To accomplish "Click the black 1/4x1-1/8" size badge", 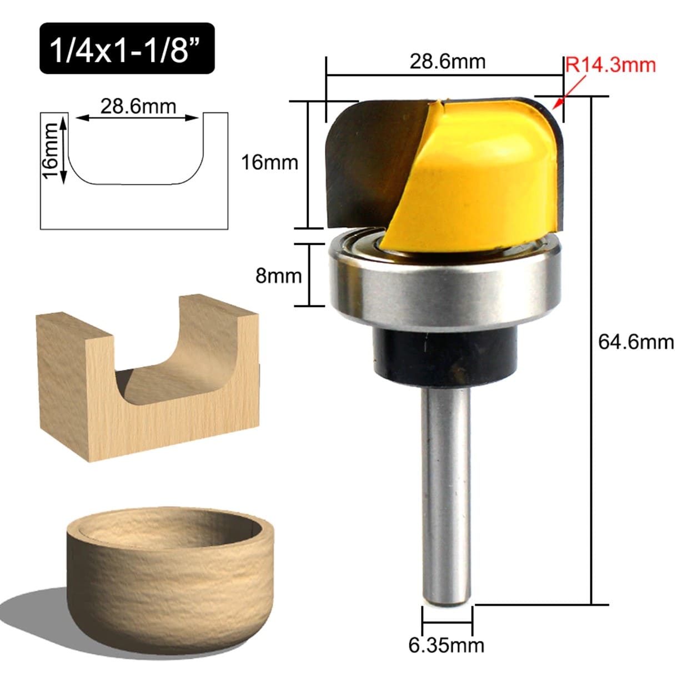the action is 127,48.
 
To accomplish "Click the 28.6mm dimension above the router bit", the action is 447,62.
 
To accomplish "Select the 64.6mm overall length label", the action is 636,342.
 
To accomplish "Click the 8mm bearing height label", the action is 279,275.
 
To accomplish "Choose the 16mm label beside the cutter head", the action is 270,163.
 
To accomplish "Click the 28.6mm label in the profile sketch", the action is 138,106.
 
